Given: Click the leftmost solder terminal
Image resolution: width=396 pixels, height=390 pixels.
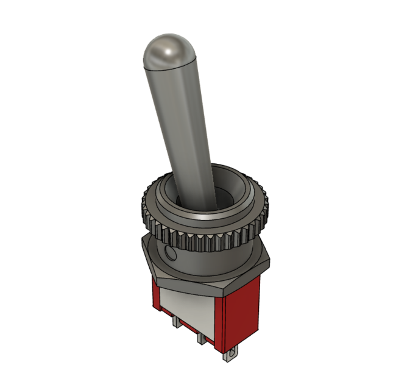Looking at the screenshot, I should pyautogui.click(x=177, y=322).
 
